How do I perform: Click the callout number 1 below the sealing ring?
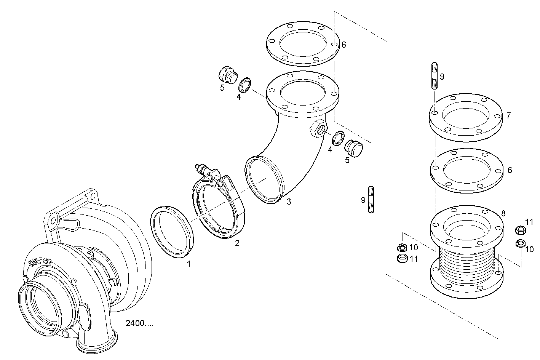189,263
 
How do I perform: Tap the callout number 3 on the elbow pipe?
289,202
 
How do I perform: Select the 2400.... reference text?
140,323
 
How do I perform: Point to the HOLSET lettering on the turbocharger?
40,262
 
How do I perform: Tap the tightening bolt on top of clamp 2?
203,168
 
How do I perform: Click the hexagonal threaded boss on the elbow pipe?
318,129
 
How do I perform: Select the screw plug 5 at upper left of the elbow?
227,74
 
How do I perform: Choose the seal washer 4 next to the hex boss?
338,138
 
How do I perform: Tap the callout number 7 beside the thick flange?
508,115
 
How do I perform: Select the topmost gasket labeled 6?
303,42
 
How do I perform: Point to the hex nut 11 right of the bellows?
520,230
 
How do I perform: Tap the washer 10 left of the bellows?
401,248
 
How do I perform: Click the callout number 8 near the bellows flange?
503,214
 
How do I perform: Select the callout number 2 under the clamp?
237,243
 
